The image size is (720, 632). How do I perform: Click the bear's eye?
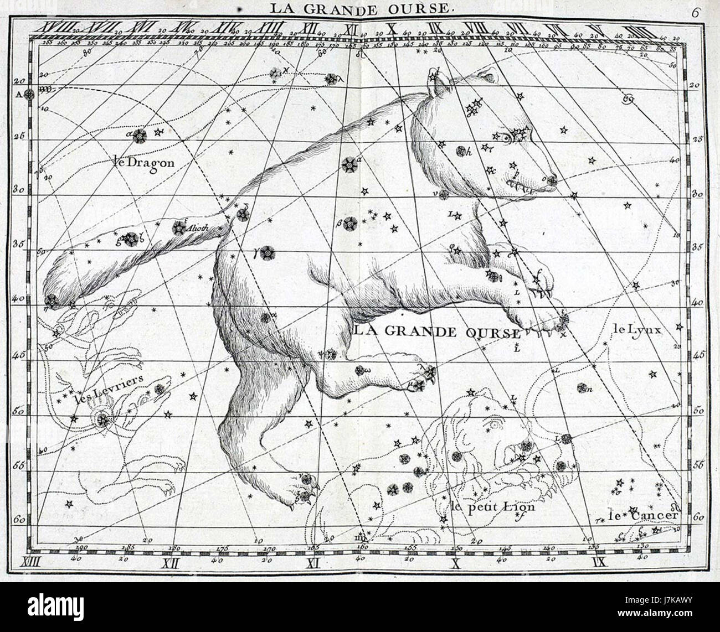coord(507,138)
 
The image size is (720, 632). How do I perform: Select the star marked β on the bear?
coord(349,224)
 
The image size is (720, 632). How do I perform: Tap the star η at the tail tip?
coord(50,301)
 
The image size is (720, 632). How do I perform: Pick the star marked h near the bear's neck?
coord(460,150)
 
